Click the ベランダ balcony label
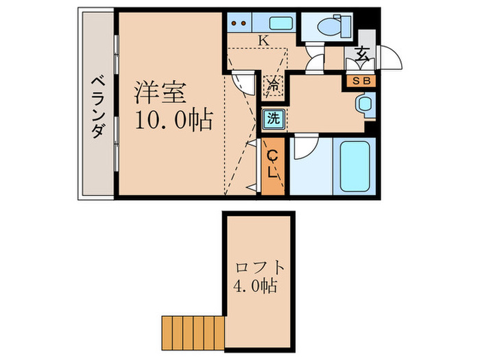tap(97, 106)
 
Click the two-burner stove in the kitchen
tap(241, 23)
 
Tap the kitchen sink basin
tap(281, 23)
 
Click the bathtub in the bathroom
tap(355, 166)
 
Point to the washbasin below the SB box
tap(363, 104)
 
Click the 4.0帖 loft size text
tap(254, 286)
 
